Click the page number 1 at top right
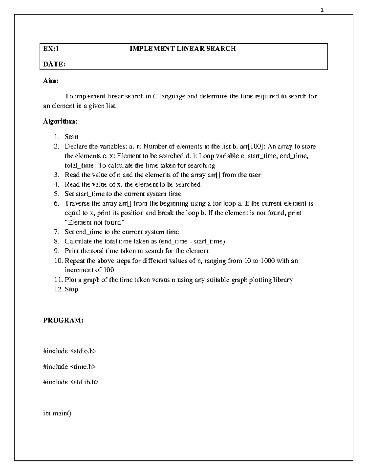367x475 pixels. [x=322, y=10]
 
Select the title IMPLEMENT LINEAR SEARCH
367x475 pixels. [x=183, y=49]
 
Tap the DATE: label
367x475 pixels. [x=54, y=64]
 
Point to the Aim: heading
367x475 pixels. [x=51, y=81]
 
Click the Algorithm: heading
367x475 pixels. [x=60, y=121]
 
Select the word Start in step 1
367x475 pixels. [x=71, y=137]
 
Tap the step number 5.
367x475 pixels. [x=56, y=194]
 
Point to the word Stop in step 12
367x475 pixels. [x=71, y=289]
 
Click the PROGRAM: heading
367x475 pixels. [x=63, y=320]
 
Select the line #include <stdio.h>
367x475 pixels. [x=70, y=351]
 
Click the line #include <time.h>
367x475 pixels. [x=69, y=366]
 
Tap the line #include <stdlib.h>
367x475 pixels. [x=71, y=382]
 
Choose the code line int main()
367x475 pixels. [x=57, y=414]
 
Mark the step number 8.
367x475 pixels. [x=56, y=242]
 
